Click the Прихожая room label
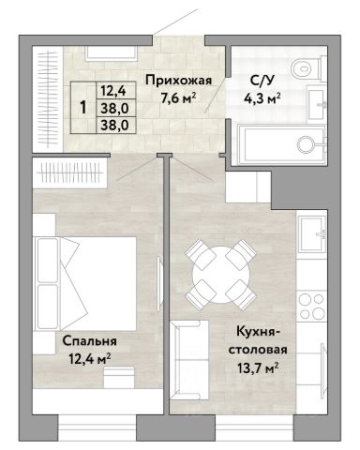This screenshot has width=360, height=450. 178,81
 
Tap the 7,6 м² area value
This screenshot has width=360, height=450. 178,98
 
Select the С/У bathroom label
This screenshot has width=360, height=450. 262,81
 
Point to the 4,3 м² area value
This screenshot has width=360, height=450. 262,98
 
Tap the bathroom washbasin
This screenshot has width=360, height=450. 317,103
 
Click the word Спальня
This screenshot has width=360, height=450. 89,341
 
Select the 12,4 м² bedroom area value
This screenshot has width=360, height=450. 89,359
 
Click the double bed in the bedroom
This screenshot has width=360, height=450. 85,283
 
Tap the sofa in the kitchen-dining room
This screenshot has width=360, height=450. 189,360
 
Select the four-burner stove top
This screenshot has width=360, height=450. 311,306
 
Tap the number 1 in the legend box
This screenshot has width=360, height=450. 83,108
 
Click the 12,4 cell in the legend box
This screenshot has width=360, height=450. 113,91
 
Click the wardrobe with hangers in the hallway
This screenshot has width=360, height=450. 48,99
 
